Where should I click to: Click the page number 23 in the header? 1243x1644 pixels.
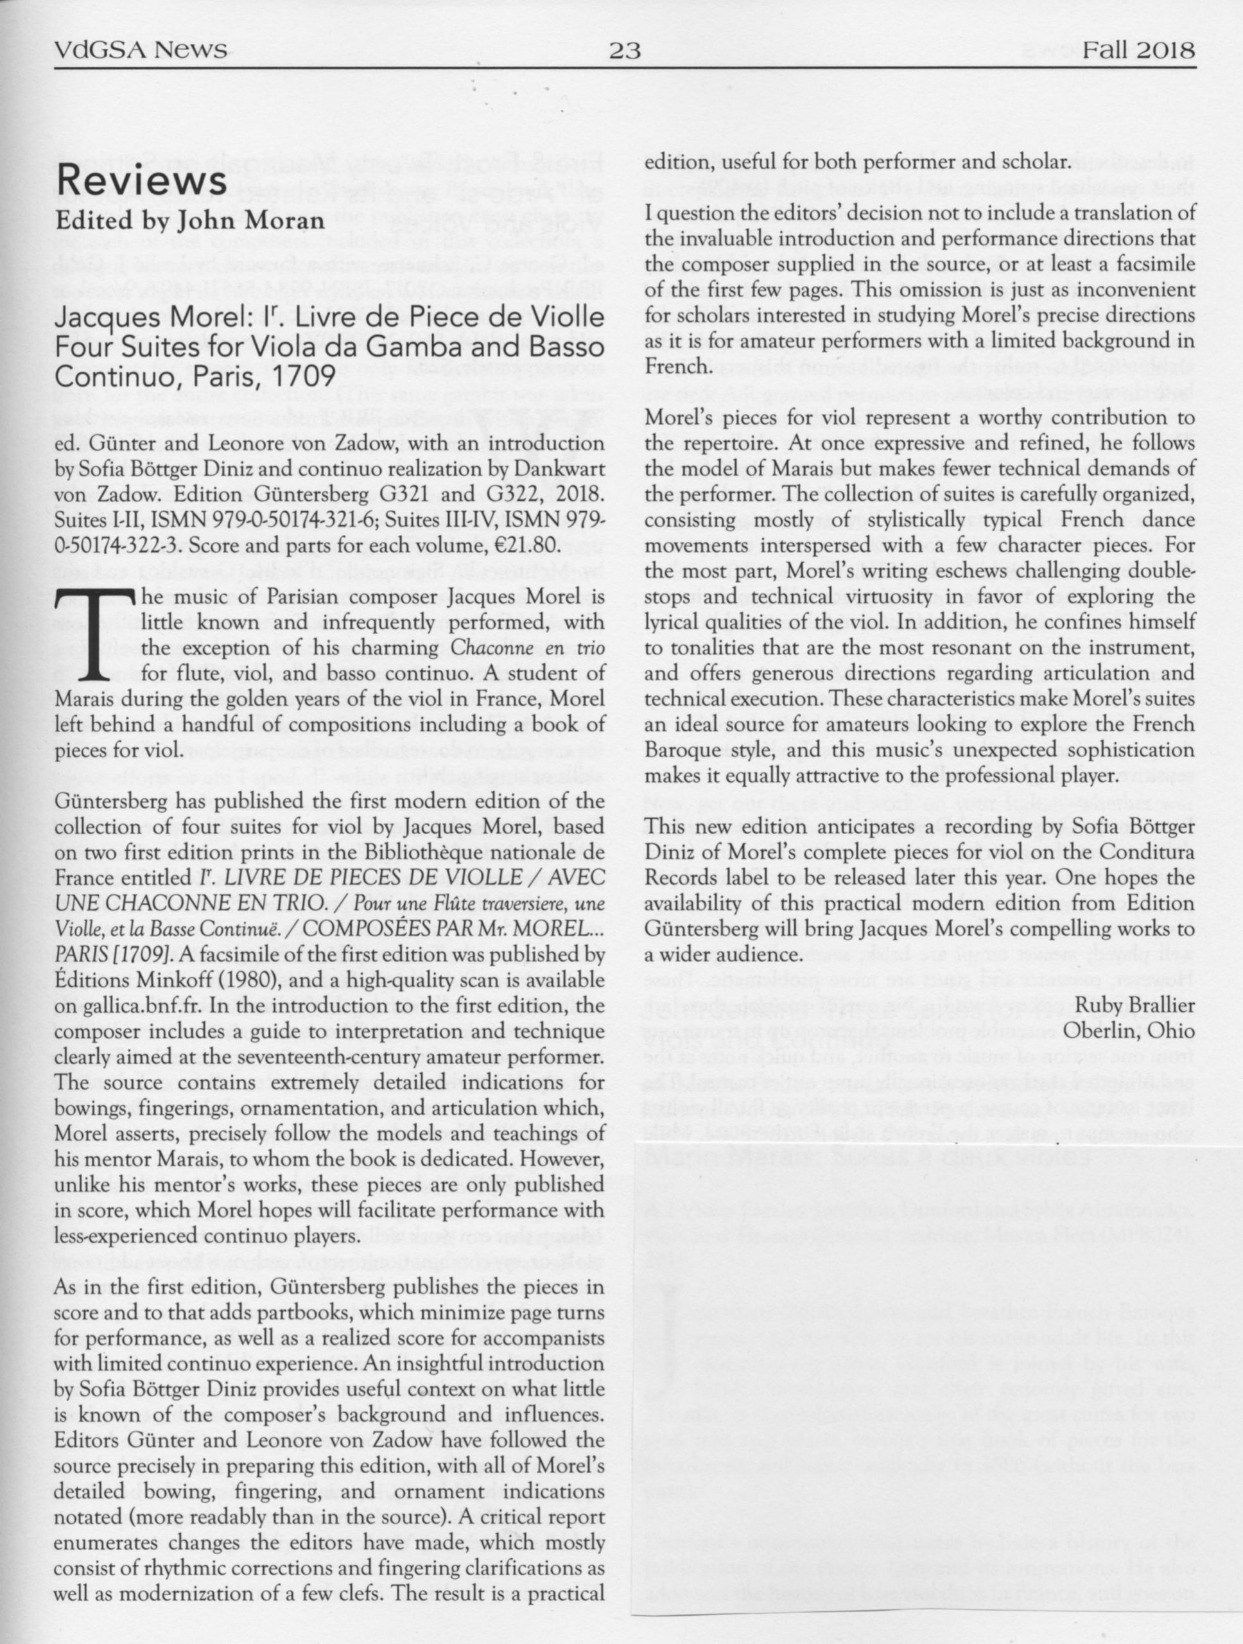point(624,51)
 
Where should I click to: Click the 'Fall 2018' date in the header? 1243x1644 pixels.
point(1138,51)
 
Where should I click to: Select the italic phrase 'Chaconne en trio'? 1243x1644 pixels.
point(528,648)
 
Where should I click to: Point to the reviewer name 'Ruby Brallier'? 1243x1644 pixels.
point(1134,1006)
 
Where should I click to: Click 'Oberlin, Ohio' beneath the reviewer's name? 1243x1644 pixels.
point(1129,1031)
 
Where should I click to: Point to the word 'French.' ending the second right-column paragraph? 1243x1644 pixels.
point(676,367)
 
